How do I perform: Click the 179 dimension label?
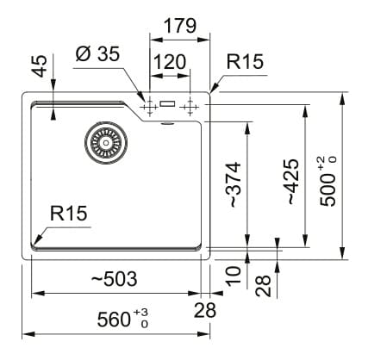click(180, 26)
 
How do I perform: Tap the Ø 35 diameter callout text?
click(97, 53)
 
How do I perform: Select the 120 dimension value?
click(170, 62)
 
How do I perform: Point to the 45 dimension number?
click(39, 66)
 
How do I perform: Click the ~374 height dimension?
click(234, 184)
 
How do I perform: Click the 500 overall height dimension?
click(327, 182)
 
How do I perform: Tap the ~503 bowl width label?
click(114, 279)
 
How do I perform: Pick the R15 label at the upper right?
click(245, 61)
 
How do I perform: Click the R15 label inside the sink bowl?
click(68, 214)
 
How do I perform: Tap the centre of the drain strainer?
click(106, 143)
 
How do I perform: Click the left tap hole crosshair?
click(149, 107)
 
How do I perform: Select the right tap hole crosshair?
click(190, 107)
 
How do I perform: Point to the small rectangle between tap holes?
click(167, 103)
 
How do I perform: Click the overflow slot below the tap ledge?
click(167, 123)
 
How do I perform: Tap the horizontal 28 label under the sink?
click(205, 310)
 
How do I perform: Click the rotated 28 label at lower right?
click(264, 286)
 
